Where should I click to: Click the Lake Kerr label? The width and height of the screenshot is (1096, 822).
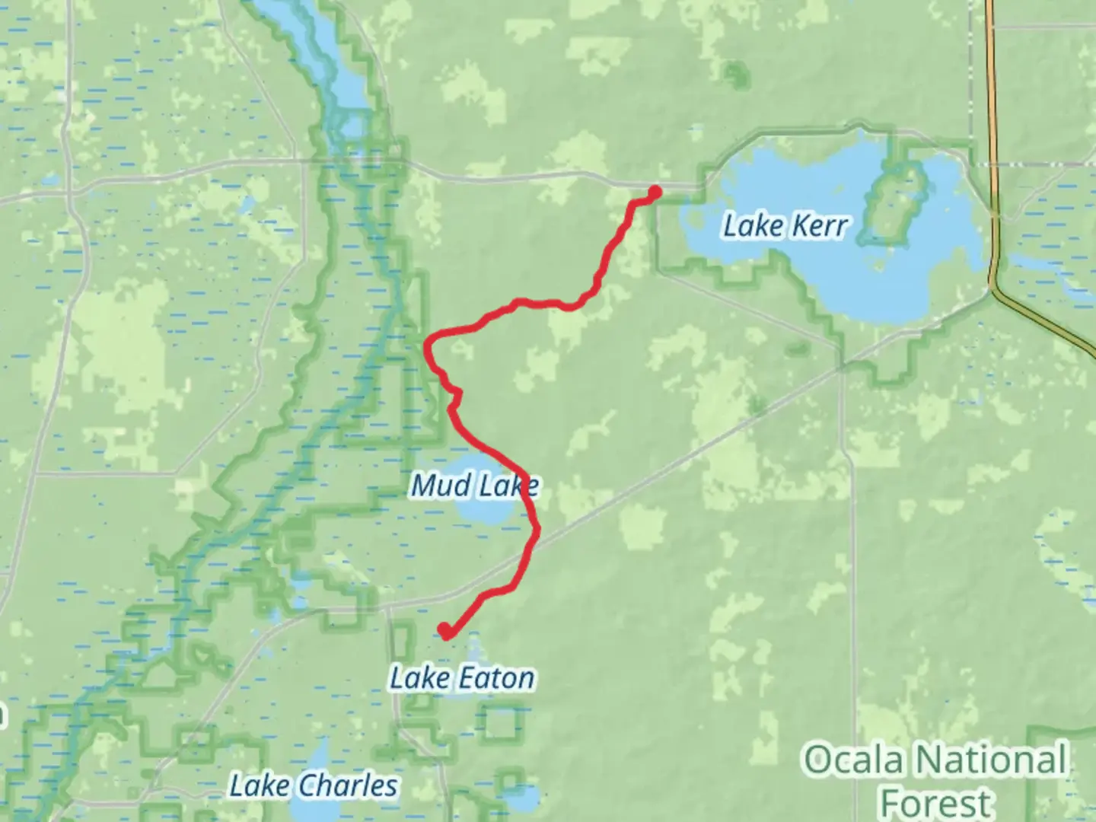point(784,226)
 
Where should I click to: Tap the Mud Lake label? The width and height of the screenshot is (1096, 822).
point(475,485)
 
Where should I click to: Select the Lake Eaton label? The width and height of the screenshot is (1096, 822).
point(462,677)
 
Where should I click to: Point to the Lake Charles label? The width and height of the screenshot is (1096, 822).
point(314,785)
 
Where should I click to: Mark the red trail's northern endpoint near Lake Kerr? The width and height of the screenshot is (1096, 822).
point(654,191)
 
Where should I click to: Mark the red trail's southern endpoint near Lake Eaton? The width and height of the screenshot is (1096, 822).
point(444,629)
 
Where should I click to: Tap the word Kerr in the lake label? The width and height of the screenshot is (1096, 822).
point(817,226)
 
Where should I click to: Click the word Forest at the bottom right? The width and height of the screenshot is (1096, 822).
point(936,803)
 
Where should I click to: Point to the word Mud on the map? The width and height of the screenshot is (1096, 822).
point(435,485)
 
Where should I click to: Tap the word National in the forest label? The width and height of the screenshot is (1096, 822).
point(989,760)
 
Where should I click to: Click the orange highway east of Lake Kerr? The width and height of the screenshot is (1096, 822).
point(992,152)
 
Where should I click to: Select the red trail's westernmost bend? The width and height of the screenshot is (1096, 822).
point(428,346)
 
